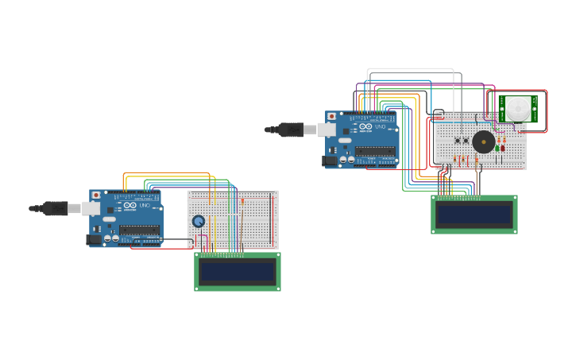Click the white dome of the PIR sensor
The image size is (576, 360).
pyautogui.click(x=519, y=108)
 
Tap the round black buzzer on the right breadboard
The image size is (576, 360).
pyautogui.click(x=483, y=142)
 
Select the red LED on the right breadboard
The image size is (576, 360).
pyautogui.click(x=502, y=148)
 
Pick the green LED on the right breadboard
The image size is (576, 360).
pyautogui.click(x=497, y=148)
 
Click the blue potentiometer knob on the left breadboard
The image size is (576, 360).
pyautogui.click(x=199, y=222)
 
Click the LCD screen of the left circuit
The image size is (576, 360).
pyautogui.click(x=237, y=272)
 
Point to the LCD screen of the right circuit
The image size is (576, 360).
pyautogui.click(x=474, y=215)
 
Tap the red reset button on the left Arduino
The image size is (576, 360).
pyautogui.click(x=96, y=195)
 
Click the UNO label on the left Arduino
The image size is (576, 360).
pyautogui.click(x=145, y=206)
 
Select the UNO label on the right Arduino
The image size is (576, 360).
pyautogui.click(x=380, y=126)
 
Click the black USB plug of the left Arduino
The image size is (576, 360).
pyautogui.click(x=54, y=208)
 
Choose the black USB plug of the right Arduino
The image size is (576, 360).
pyautogui.click(x=291, y=130)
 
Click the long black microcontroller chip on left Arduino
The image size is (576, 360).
pyautogui.click(x=139, y=230)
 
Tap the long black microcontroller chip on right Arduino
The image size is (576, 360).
pyautogui.click(x=375, y=151)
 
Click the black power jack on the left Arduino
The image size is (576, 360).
pyautogui.click(x=94, y=239)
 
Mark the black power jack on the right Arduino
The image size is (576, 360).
pyautogui.click(x=330, y=161)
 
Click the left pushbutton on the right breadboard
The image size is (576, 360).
pyautogui.click(x=458, y=141)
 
